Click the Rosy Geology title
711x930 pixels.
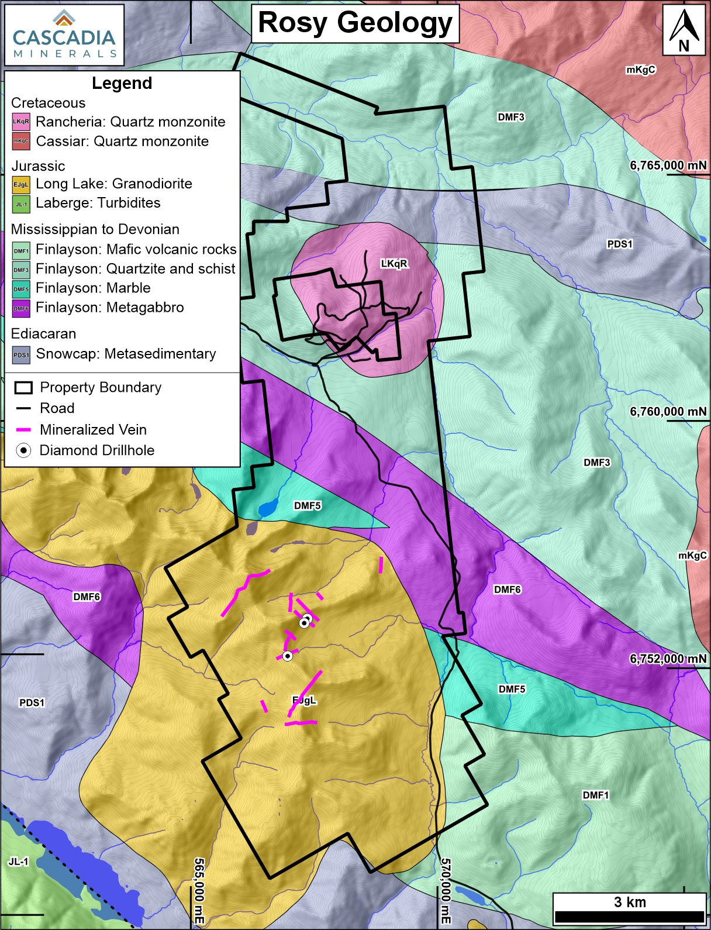355,23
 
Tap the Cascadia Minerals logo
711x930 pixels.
64,35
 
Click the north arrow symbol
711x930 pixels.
684,30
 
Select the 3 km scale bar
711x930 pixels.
629,909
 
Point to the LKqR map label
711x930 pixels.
394,264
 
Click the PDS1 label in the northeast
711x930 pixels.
620,244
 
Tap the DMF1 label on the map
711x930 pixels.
595,795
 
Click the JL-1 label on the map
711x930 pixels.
18,862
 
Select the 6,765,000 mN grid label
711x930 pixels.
668,166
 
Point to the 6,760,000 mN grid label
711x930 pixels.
668,412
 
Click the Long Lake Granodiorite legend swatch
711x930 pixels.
21,185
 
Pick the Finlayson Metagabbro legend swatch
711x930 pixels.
21,308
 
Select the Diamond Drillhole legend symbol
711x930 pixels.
23,450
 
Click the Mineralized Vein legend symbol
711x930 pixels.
23,430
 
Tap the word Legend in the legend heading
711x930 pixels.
122,84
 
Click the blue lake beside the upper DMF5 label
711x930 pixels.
268,508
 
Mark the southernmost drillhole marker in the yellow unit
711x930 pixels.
287,656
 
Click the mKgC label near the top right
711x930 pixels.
641,70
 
